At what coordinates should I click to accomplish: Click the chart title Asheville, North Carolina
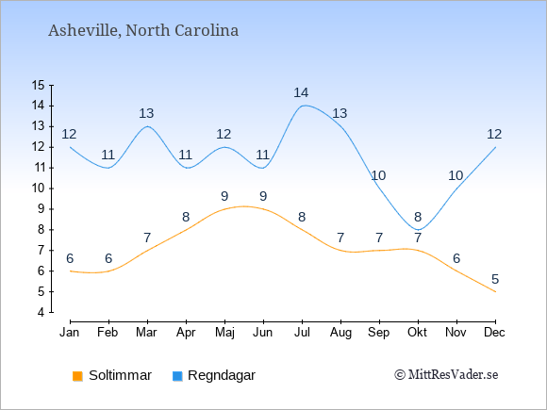pos(143,31)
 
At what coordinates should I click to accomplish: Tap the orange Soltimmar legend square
pos(77,376)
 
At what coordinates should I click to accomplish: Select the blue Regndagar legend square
pos(177,376)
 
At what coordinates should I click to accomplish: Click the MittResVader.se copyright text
pos(446,375)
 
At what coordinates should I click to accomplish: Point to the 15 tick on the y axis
pos(39,85)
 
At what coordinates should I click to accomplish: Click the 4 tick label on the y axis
pos(41,312)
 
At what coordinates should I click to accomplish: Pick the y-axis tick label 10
pos(39,189)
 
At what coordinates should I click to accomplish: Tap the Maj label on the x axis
pos(224,333)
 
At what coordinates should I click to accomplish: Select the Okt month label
pos(417,333)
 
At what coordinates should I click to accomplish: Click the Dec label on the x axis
pos(494,333)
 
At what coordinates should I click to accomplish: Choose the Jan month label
pos(70,333)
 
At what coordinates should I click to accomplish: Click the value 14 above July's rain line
pos(301,92)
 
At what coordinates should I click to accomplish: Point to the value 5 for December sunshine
pos(495,279)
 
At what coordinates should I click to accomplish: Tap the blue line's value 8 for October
pos(418,217)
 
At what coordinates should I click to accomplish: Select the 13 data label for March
pos(146,113)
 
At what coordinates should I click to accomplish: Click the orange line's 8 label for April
pos(186,217)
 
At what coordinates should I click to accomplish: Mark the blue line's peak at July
pos(305,106)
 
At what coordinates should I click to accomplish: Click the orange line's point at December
pos(495,291)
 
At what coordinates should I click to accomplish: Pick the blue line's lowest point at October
pos(418,230)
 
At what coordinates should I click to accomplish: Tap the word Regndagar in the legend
pos(222,375)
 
